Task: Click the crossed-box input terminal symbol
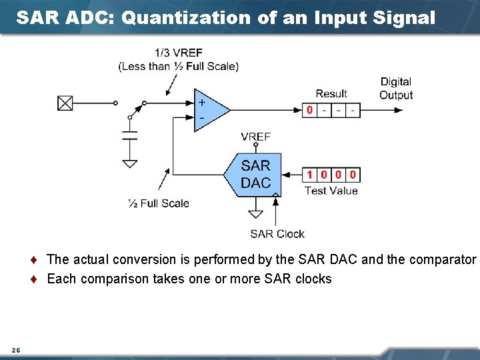pos(65,103)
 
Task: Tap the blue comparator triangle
pos(209,110)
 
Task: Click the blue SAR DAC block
pos(254,175)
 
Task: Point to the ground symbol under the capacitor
pos(130,163)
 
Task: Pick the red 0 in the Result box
pos(309,110)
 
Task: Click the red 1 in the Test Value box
pos(309,175)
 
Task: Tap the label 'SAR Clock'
pos(277,234)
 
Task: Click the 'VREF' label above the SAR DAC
pos(255,137)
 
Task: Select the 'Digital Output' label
pos(396,88)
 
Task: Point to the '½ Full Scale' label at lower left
pos(159,203)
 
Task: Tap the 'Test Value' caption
pos(331,191)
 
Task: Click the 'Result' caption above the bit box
pos(331,94)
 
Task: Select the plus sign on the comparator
pos(201,103)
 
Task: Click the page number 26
pos(15,351)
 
